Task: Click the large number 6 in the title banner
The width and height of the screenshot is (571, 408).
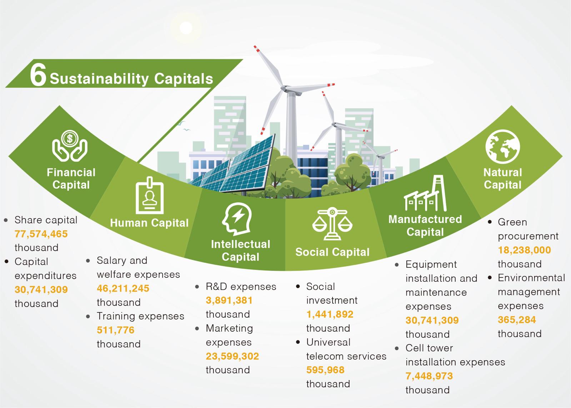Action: [x=38, y=74]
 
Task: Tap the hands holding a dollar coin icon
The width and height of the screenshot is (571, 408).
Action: [x=70, y=146]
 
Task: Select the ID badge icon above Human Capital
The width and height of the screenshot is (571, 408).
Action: [x=150, y=195]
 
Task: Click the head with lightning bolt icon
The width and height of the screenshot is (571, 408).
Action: [x=237, y=219]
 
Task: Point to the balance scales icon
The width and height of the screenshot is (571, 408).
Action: [x=332, y=224]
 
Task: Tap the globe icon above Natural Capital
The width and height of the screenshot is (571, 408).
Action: [x=503, y=147]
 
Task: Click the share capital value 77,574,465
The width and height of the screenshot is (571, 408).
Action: [x=41, y=234]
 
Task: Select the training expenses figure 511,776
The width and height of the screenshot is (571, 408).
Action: [x=115, y=330]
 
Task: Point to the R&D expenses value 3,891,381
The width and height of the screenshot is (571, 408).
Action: [x=229, y=300]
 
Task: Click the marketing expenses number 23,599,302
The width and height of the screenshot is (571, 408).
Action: [x=232, y=356]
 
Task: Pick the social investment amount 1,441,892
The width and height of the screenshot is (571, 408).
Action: [x=330, y=314]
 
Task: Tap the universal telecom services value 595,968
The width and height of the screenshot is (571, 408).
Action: [x=325, y=370]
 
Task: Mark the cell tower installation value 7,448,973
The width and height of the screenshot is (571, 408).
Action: [x=429, y=376]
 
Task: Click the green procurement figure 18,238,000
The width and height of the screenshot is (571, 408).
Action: [x=524, y=250]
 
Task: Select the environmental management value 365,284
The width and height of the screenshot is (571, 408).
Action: [x=517, y=319]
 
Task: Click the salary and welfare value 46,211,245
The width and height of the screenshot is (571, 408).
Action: [x=123, y=288]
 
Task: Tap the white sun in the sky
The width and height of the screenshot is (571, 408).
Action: [x=186, y=28]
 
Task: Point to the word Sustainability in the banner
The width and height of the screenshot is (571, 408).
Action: [x=99, y=79]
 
